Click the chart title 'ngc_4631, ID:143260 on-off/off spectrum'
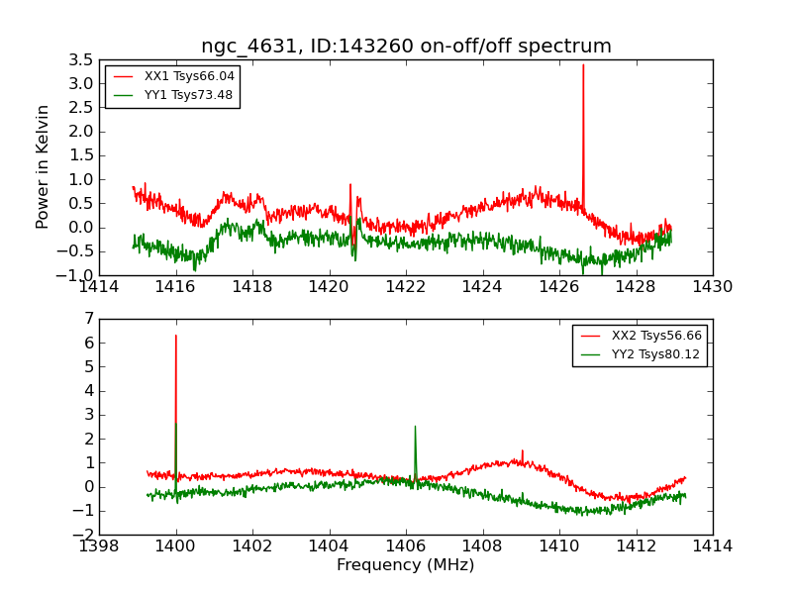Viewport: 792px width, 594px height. pos(406,46)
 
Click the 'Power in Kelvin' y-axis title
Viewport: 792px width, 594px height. pos(43,166)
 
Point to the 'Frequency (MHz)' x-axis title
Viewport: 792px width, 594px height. pos(406,565)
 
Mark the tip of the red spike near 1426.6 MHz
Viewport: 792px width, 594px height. pos(583,65)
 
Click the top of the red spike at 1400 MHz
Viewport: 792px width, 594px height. pos(176,336)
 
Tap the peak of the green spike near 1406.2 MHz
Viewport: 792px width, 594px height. pos(415,427)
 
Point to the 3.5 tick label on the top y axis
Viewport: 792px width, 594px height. pos(83,59)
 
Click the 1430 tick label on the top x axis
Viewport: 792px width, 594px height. pos(712,287)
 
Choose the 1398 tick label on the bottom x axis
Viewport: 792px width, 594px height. pos(100,546)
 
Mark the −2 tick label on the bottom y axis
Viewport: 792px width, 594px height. pos(85,535)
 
